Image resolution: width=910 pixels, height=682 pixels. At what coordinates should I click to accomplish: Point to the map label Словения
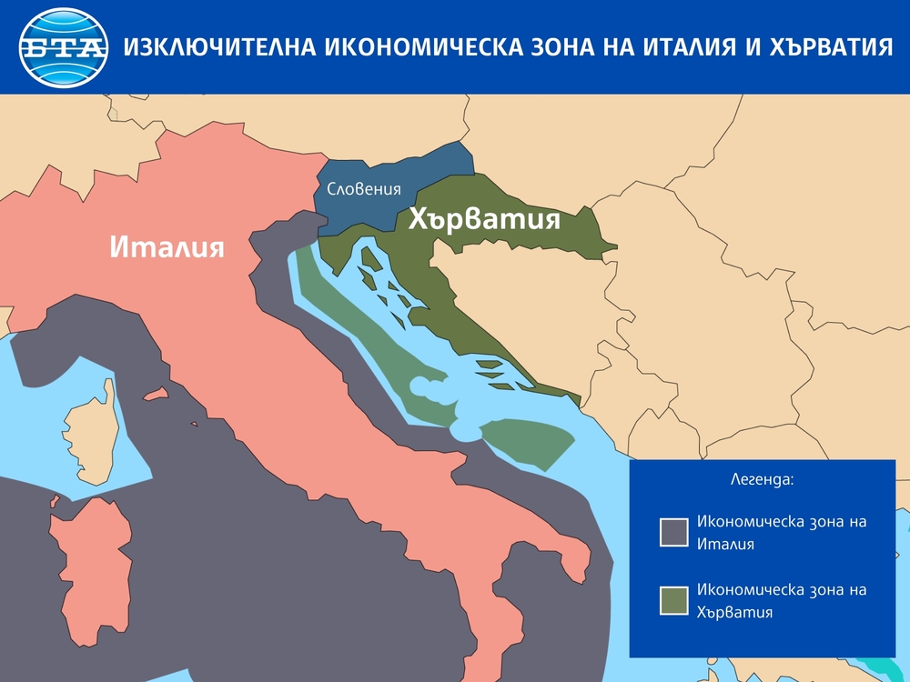[x=364, y=190]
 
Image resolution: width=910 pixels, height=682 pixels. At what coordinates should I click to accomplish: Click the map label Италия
[x=167, y=246]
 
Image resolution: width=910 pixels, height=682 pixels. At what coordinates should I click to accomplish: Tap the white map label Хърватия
[x=483, y=219]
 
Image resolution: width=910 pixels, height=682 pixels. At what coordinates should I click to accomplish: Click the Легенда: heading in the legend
[x=762, y=477]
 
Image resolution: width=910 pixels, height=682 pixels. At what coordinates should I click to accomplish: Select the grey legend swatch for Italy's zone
[x=674, y=532]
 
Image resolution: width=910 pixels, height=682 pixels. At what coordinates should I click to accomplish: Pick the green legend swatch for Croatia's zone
[x=674, y=601]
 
